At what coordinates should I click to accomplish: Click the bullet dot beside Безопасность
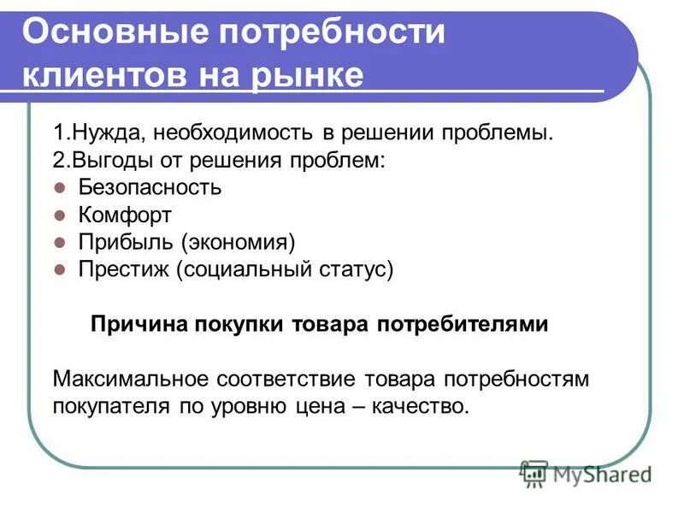point(60,187)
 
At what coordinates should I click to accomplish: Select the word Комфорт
point(125,215)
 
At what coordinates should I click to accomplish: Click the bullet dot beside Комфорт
point(60,215)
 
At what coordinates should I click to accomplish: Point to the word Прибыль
point(124,242)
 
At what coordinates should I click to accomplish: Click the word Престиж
point(125,269)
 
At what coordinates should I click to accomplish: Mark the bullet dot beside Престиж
point(60,269)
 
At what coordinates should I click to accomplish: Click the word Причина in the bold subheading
point(141,325)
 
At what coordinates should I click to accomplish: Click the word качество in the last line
point(424,406)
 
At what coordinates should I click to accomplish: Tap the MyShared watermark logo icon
point(534,472)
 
